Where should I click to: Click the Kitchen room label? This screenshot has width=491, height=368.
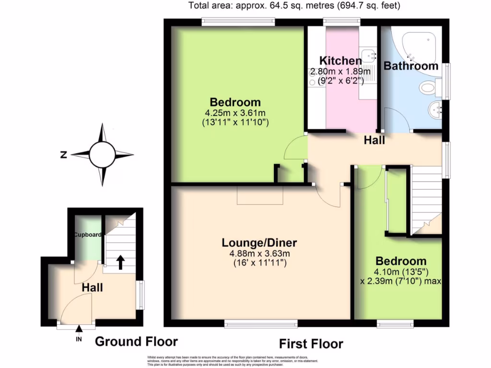pyautogui.click(x=340, y=61)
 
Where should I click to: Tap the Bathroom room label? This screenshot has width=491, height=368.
pyautogui.click(x=411, y=66)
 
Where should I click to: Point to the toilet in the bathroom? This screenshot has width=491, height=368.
pyautogui.click(x=428, y=88)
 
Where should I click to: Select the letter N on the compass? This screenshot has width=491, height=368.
pyautogui.click(x=63, y=154)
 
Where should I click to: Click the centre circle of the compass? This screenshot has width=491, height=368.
pyautogui.click(x=102, y=154)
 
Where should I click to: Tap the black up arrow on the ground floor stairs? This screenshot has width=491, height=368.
pyautogui.click(x=120, y=262)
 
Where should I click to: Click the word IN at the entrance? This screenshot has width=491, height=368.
pyautogui.click(x=79, y=340)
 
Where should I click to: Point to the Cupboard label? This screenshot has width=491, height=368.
pyautogui.click(x=87, y=235)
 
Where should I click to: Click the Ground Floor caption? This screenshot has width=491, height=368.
pyautogui.click(x=136, y=342)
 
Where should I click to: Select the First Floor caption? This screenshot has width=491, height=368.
pyautogui.click(x=311, y=344)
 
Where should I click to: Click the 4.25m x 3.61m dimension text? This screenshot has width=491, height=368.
pyautogui.click(x=235, y=113)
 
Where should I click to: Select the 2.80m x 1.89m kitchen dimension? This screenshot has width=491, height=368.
pyautogui.click(x=340, y=72)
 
